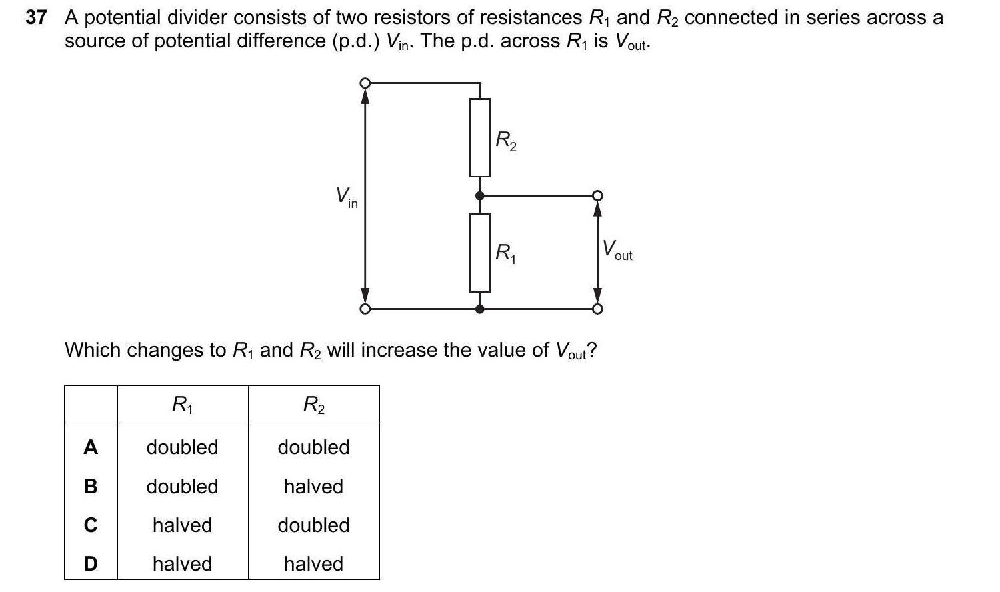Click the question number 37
tap(36, 18)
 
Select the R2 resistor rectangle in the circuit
tap(479, 138)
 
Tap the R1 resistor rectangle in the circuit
tap(479, 253)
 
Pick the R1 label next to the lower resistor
tap(505, 253)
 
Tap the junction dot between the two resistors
tap(479, 196)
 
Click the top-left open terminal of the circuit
tap(365, 83)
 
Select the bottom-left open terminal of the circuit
tap(365, 309)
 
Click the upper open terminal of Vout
tap(598, 196)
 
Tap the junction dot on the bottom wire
tap(479, 309)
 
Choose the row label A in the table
tap(91, 447)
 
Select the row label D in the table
tap(91, 564)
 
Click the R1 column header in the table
tap(182, 404)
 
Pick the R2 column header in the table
tap(313, 404)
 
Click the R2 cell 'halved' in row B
tap(313, 487)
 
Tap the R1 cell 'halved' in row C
tap(182, 525)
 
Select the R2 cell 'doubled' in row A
tap(313, 447)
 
